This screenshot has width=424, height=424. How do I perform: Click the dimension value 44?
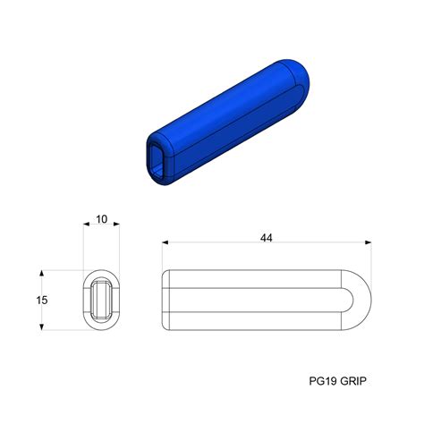point(266,238)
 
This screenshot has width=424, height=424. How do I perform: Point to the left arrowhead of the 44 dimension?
point(166,243)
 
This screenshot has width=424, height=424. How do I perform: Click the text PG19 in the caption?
point(321,380)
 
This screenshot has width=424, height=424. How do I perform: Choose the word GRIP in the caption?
point(353,380)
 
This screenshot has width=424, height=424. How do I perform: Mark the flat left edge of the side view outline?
point(163,301)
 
